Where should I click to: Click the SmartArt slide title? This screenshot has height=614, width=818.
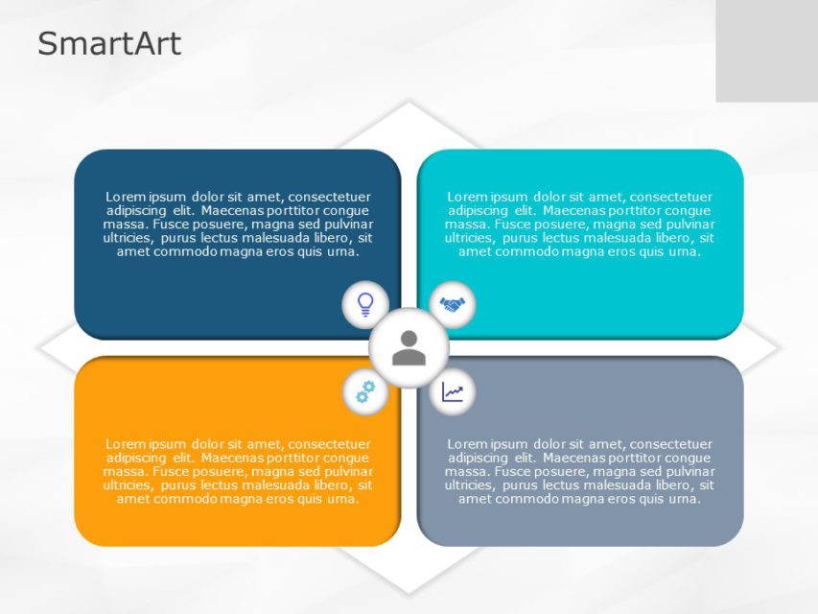click(109, 44)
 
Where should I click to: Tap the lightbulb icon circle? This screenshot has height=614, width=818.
click(365, 304)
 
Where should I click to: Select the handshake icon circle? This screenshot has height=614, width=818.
click(452, 304)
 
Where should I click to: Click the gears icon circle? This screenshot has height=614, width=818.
click(365, 390)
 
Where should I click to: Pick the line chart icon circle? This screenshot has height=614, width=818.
click(452, 391)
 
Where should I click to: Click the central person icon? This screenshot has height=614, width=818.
click(409, 347)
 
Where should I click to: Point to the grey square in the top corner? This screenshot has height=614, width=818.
click(766, 51)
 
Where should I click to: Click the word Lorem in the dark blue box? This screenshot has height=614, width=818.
click(125, 197)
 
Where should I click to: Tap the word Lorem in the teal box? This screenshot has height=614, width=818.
click(467, 197)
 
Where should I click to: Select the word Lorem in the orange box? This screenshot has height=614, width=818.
click(125, 444)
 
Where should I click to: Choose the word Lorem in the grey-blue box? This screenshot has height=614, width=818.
click(467, 444)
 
